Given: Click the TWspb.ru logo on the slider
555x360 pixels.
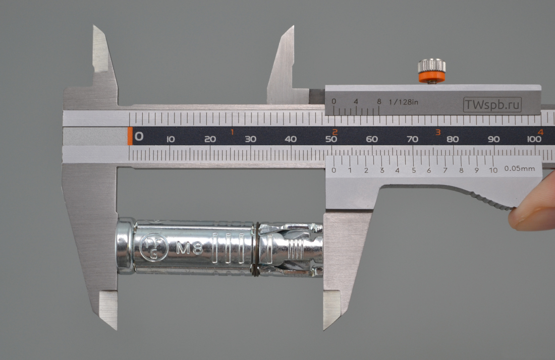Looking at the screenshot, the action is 492,105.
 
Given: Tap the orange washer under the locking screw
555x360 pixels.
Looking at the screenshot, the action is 431,78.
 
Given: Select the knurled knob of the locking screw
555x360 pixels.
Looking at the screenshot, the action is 431,66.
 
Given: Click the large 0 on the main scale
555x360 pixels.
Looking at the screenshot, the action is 139,137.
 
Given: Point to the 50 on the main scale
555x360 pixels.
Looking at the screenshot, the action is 331,139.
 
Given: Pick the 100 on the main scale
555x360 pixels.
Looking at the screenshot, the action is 534,139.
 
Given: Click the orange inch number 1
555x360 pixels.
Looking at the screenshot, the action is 232,132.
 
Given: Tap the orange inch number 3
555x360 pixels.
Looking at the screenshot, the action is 438,132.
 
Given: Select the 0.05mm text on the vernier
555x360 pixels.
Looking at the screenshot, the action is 519,168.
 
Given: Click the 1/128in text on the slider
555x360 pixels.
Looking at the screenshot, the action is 403,102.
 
